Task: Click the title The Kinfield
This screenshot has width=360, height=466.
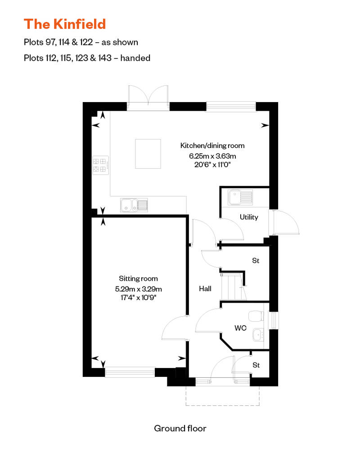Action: [x=65, y=24]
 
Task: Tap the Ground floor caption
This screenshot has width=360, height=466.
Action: [x=180, y=428]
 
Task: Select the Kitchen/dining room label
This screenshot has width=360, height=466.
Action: [x=212, y=146]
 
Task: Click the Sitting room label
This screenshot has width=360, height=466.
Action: [x=138, y=279]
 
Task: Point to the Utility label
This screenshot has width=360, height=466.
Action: [x=249, y=217]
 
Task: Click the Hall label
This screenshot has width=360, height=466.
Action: [x=205, y=289]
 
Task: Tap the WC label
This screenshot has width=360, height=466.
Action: [x=240, y=328]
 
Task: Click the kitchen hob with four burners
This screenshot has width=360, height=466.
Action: [x=100, y=165]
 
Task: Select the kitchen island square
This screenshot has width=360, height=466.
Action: [x=148, y=154]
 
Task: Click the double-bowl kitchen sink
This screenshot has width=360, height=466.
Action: [x=134, y=205]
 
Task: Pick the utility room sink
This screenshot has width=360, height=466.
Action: [x=240, y=197]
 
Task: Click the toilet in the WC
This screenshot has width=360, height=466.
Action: [x=256, y=316]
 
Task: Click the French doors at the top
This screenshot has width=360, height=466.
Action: [x=148, y=98]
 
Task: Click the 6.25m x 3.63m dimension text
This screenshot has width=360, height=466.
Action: [x=212, y=156]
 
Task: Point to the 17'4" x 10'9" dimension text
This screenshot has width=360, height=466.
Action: [x=138, y=297]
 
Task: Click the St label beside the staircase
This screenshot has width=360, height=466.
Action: [x=256, y=260]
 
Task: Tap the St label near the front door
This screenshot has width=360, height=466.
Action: [x=256, y=365]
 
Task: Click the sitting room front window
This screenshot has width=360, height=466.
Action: [x=130, y=372]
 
